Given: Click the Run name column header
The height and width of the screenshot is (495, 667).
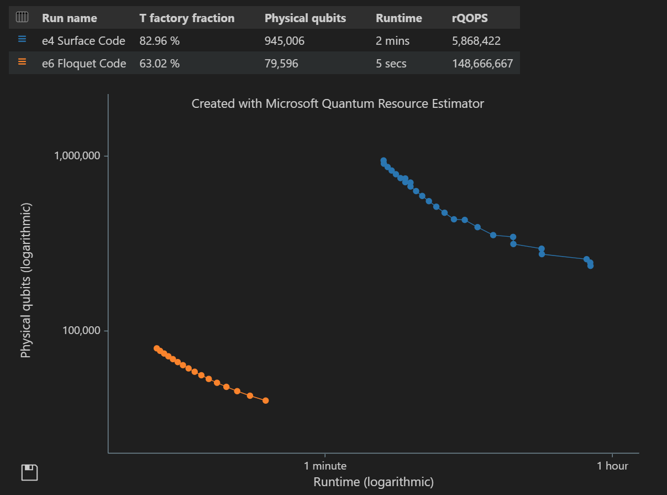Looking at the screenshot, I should [x=69, y=18].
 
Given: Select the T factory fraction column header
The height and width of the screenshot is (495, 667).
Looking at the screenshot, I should [x=187, y=18].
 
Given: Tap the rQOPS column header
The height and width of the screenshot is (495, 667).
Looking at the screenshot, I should [x=470, y=18].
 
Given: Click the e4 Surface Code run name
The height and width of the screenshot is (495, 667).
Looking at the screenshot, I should [x=83, y=41].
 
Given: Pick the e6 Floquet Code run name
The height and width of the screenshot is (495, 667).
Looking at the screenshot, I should [x=84, y=64].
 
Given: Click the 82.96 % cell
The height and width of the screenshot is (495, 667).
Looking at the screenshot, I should [x=159, y=41].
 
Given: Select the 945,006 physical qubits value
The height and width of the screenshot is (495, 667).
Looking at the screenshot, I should [x=285, y=41].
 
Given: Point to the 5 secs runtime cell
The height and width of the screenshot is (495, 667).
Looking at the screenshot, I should [x=391, y=64].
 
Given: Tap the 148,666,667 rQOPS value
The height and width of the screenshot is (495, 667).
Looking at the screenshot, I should [x=482, y=64].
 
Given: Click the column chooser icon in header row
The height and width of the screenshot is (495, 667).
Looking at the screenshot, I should [x=22, y=18].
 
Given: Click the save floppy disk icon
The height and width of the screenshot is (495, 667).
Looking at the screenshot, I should [x=29, y=473].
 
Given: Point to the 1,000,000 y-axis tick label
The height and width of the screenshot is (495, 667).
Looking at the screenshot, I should [x=77, y=156].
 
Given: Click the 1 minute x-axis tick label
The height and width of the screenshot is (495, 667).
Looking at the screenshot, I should [x=325, y=466].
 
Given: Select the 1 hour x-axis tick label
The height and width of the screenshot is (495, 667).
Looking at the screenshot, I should [x=612, y=466].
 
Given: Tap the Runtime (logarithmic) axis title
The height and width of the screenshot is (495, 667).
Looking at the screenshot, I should [x=374, y=482].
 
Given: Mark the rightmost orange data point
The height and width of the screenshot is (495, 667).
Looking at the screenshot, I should [x=266, y=400].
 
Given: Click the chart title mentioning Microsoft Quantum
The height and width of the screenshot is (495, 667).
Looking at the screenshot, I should [x=338, y=103].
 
